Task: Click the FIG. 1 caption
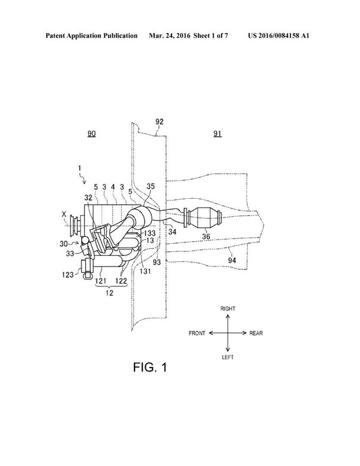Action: point(150,368)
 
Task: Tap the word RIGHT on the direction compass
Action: point(228,309)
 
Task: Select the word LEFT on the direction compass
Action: point(227,357)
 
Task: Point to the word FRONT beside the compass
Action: point(197,333)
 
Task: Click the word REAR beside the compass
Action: point(256,333)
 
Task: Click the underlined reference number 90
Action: point(91,134)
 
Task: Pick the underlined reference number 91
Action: point(217,134)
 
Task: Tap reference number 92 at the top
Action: point(160,121)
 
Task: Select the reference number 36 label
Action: point(206,237)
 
